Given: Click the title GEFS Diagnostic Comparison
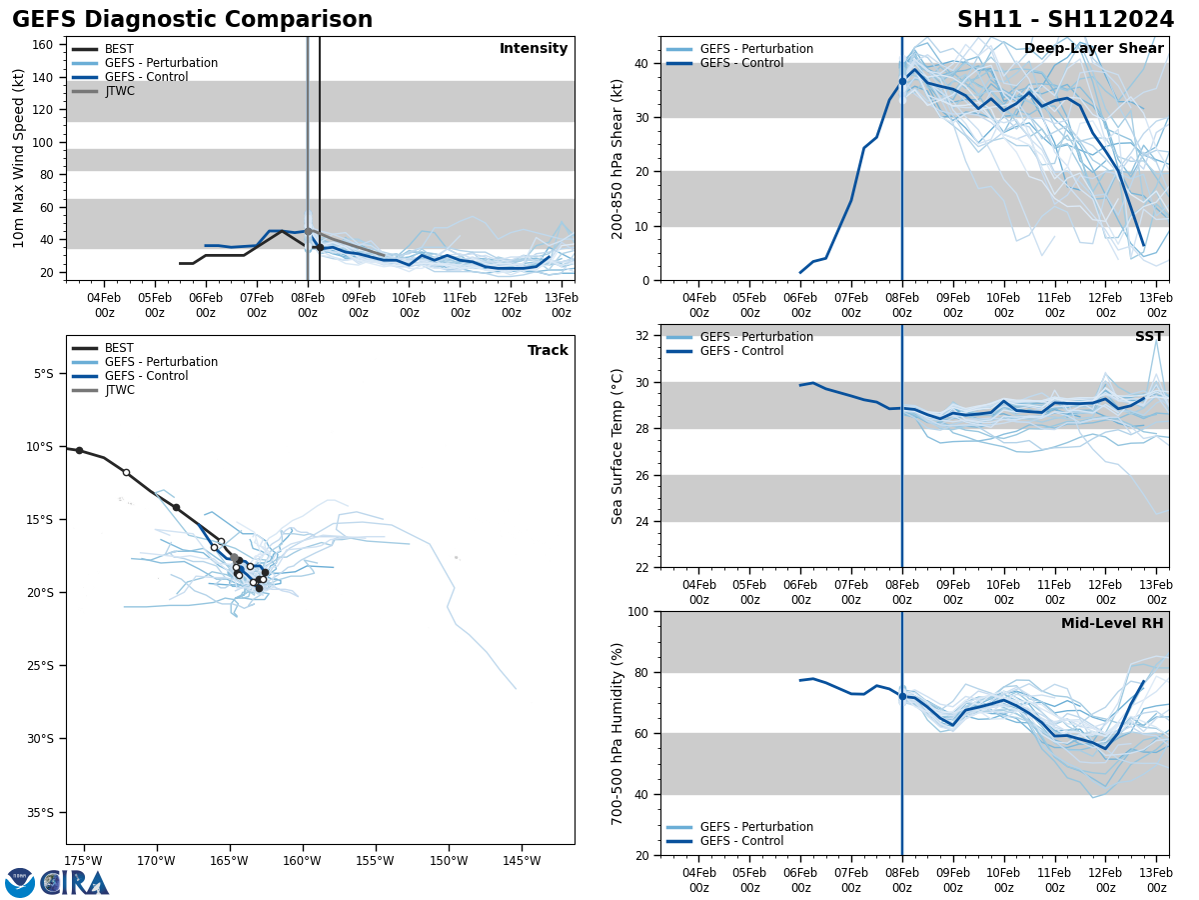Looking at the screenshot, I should (192, 20).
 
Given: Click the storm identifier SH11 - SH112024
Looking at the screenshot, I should (1065, 20).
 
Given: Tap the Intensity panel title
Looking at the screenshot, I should (534, 49).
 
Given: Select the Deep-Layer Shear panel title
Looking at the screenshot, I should (1093, 49).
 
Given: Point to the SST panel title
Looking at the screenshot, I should (1149, 337).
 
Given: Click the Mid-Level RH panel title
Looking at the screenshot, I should (1112, 624).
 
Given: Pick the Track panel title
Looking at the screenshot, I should (548, 351).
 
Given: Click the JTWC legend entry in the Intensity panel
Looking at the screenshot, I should (119, 91).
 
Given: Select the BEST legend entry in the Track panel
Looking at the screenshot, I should (118, 348).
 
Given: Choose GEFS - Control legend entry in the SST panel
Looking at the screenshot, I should (741, 351).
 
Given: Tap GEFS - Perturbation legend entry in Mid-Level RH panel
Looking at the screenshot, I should (756, 827).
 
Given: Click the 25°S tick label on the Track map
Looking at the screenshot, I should (41, 666).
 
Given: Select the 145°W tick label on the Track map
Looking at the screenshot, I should (522, 861).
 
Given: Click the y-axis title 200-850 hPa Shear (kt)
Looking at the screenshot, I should (616, 159).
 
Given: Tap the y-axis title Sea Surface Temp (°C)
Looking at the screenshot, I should (616, 446).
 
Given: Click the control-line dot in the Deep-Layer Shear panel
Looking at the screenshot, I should (902, 82).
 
